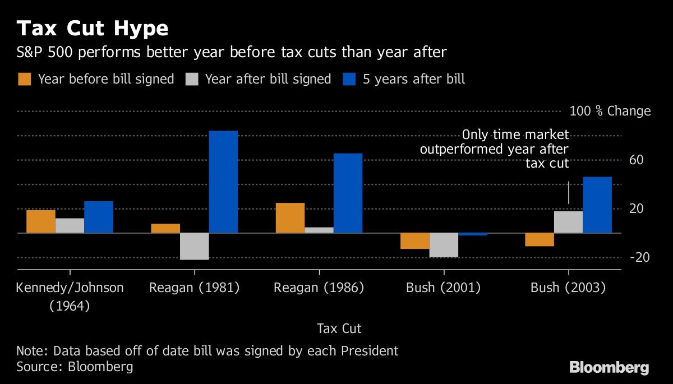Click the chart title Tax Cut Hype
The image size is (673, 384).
click(93, 28)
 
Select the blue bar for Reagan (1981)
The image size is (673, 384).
click(223, 182)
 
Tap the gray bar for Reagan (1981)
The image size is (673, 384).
click(195, 246)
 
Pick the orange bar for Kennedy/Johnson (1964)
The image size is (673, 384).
click(41, 221)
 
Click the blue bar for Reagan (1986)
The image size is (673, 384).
click(348, 193)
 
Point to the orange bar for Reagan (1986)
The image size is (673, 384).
click(290, 218)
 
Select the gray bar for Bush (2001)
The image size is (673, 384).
click(444, 245)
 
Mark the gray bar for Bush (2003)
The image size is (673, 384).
click(568, 221)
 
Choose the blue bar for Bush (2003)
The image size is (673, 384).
click(597, 205)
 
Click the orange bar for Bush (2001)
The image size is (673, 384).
click(414, 240)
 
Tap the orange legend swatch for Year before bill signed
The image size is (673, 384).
click(25, 79)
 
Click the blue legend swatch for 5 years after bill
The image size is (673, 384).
click(349, 79)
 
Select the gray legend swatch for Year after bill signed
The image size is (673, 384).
click(192, 79)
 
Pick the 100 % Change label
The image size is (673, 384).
click(610, 111)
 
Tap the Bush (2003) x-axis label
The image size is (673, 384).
click(568, 288)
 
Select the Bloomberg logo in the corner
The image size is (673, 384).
click(609, 368)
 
